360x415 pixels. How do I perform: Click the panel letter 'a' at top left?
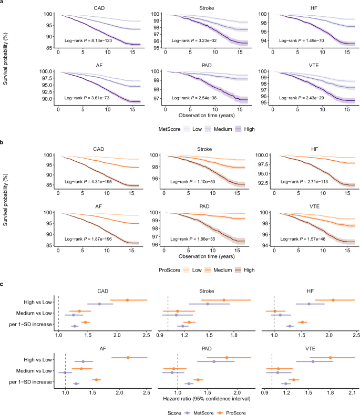coord(3,4)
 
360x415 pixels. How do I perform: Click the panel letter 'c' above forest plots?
coord(3,284)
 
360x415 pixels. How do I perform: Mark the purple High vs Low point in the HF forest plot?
coord(309,304)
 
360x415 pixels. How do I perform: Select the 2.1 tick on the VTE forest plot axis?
coord(352,392)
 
